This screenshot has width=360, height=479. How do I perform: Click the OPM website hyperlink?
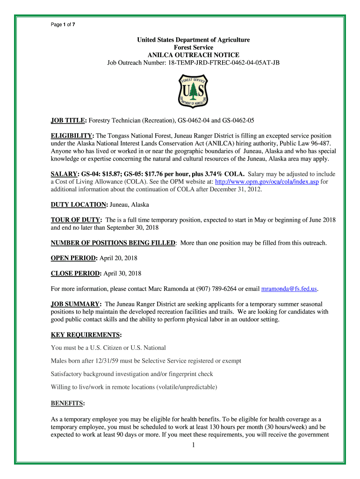pos(266,181)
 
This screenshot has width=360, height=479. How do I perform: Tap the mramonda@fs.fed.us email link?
pos(289,288)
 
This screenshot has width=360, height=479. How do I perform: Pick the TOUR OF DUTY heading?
pos(76,220)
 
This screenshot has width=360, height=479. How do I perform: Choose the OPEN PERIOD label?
pos(74,258)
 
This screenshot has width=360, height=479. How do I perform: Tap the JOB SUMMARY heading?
pos(76,304)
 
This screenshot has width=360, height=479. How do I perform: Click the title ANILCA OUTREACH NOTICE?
pos(194,55)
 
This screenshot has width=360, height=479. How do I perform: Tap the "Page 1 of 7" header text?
pos(63,25)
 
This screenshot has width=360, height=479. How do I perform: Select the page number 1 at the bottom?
pos(193,445)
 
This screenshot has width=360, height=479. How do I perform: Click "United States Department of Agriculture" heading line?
pos(194,40)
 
